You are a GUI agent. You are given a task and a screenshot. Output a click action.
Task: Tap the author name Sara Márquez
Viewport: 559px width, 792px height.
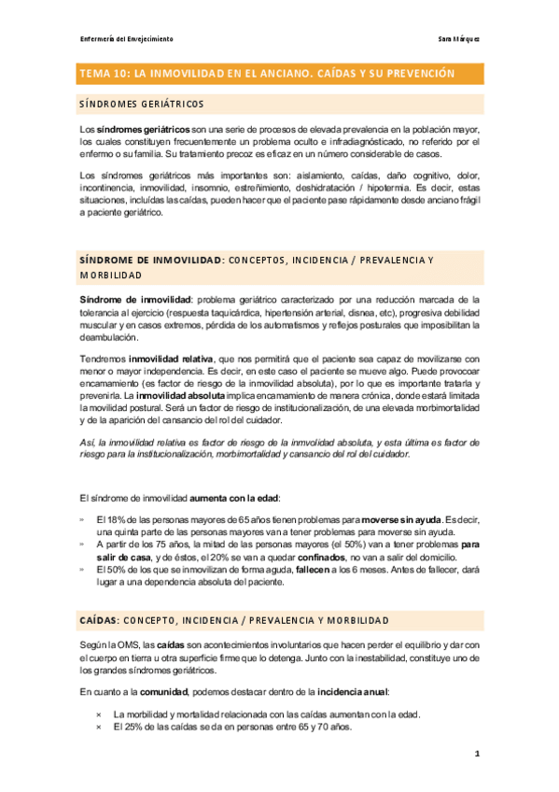458,39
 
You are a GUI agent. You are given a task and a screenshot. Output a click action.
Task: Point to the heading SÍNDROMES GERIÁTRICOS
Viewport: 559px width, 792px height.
142,104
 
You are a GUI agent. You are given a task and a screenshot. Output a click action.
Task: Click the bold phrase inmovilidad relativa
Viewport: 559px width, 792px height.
169,358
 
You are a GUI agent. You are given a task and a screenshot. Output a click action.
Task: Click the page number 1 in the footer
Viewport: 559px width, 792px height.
476,753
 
